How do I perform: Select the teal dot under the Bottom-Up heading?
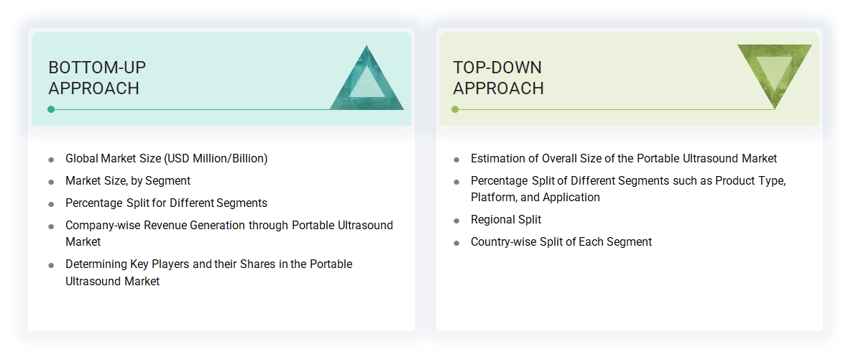pyautogui.click(x=51, y=109)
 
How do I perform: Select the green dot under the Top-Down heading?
pyautogui.click(x=455, y=109)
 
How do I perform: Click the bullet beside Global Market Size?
pyautogui.click(x=51, y=160)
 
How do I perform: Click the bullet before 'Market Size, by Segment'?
pyautogui.click(x=51, y=182)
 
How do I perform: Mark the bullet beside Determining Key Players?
pyautogui.click(x=51, y=265)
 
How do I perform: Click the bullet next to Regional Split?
pyautogui.click(x=456, y=221)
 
